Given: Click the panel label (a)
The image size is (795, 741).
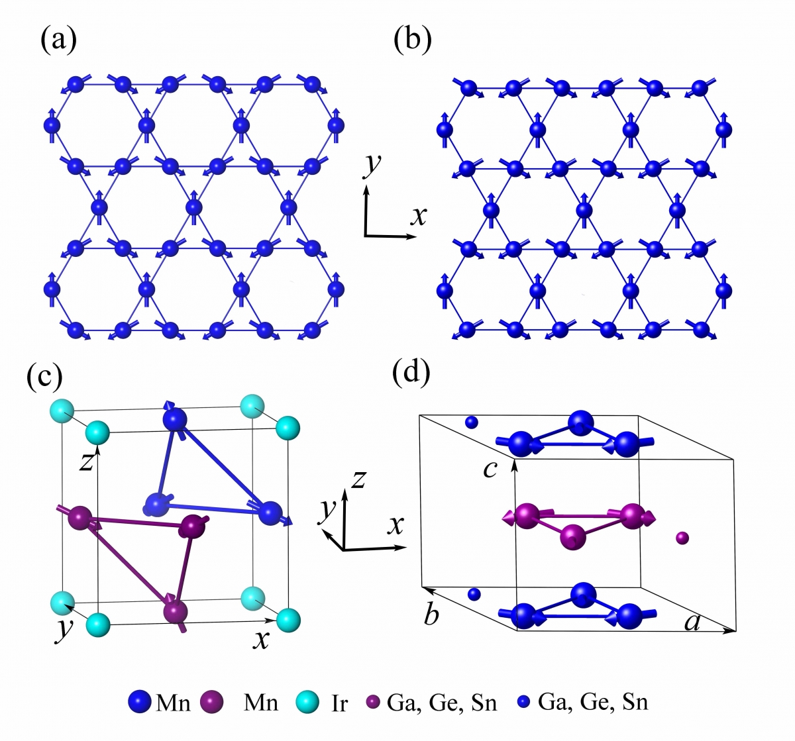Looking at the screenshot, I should (59, 40).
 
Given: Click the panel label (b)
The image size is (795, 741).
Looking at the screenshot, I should (412, 40).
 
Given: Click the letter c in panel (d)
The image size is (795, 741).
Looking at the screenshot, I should (490, 469).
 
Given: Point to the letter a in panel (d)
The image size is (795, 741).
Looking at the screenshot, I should (692, 622).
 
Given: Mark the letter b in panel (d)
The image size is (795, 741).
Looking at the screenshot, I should (431, 615).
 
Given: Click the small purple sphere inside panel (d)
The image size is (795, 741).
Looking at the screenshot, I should (682, 538).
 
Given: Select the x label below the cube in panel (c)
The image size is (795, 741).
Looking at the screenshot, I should (260, 640).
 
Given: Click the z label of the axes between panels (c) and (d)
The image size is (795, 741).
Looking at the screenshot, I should (358, 479).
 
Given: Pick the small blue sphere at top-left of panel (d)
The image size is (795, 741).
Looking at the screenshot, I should (472, 422).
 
